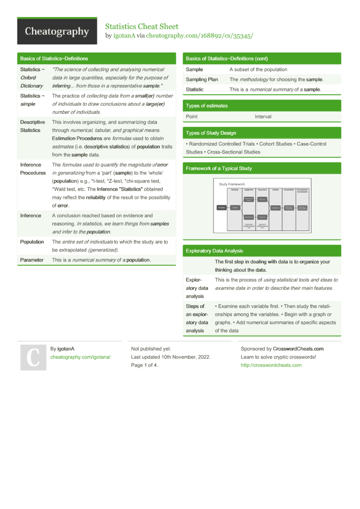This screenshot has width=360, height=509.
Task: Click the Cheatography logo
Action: (x=57, y=32)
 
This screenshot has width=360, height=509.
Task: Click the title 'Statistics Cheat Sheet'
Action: (x=142, y=26)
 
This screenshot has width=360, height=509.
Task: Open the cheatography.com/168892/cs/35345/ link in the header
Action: (x=199, y=36)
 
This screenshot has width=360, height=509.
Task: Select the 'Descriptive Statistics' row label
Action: (x=33, y=126)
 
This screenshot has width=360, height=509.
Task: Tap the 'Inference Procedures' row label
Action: (x=33, y=169)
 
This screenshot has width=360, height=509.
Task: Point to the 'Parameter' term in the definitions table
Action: (x=32, y=260)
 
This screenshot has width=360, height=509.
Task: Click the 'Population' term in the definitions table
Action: (x=32, y=242)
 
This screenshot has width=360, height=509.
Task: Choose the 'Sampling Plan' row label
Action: (x=202, y=80)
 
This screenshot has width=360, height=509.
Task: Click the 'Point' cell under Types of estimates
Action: (x=192, y=117)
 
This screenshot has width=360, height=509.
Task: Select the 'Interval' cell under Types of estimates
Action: (x=263, y=117)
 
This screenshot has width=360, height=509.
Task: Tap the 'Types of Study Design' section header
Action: (x=211, y=133)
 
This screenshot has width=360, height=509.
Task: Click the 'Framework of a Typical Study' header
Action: (x=218, y=168)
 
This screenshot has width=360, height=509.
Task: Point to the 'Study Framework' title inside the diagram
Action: (x=232, y=184)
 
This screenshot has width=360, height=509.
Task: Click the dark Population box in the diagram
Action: (x=221, y=208)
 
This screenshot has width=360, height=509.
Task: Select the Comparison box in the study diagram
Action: (x=275, y=208)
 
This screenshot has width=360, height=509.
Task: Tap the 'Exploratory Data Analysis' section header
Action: (x=214, y=250)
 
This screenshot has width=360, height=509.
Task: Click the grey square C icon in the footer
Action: (x=32, y=357)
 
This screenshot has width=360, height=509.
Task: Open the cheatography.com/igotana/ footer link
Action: (x=80, y=357)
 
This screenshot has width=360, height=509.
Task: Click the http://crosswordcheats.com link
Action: (x=271, y=365)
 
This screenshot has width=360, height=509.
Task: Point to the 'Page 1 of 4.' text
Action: (x=144, y=365)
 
